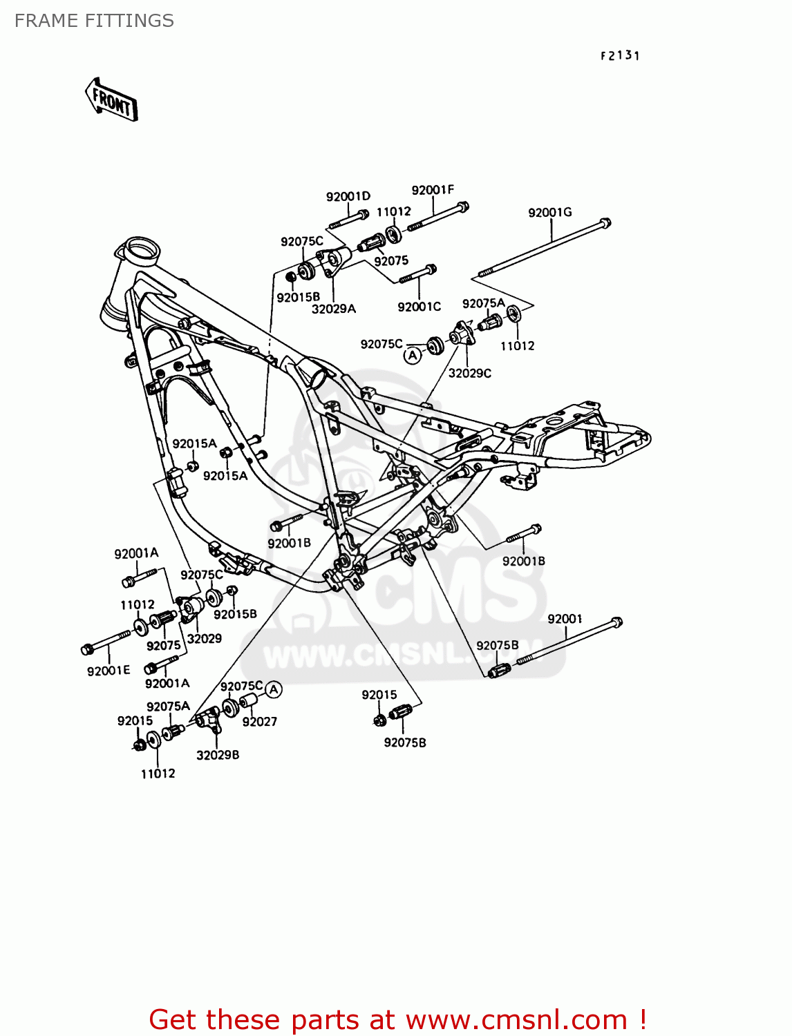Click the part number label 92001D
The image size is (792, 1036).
pos(348,196)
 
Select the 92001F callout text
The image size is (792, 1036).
pos(433,190)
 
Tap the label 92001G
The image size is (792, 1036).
pos(550,212)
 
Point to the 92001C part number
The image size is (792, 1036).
pos(419,307)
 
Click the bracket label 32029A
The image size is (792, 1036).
pos(333,309)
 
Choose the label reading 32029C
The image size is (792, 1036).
pos(470,373)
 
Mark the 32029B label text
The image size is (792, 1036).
pos(218,755)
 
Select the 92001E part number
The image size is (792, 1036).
pos(109,670)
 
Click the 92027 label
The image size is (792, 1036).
pos(260,722)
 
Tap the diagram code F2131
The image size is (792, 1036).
pos(620,56)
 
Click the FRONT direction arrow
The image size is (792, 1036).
pos(111,101)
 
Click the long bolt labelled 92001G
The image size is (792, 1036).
pos(543,249)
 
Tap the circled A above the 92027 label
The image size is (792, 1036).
pos(274,689)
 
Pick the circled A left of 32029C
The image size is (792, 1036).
pos(413,355)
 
